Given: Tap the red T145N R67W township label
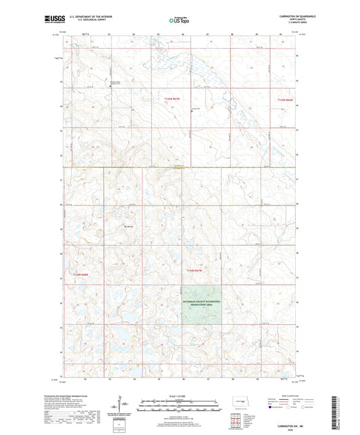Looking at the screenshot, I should point(174,99).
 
